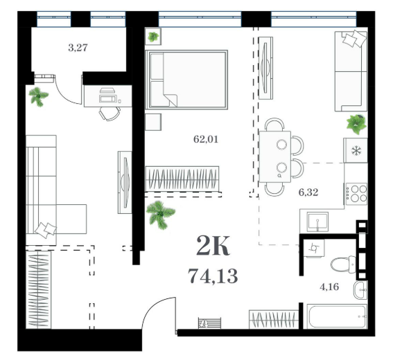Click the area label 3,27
78,48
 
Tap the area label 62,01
206,139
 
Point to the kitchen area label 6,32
308,192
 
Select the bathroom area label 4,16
329,287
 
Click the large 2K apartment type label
213,246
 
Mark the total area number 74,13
213,276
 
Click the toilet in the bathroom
343,264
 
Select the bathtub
337,316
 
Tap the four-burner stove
356,194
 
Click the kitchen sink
318,222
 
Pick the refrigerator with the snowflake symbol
356,150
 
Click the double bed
186,80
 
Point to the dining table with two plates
275,156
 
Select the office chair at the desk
110,114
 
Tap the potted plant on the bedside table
153,37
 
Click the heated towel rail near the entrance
209,323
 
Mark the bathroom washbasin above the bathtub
360,289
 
